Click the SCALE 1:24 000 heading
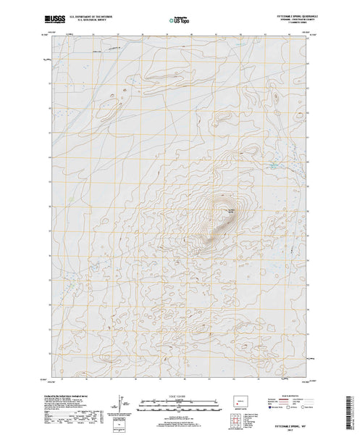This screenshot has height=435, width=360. [x=180, y=397]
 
